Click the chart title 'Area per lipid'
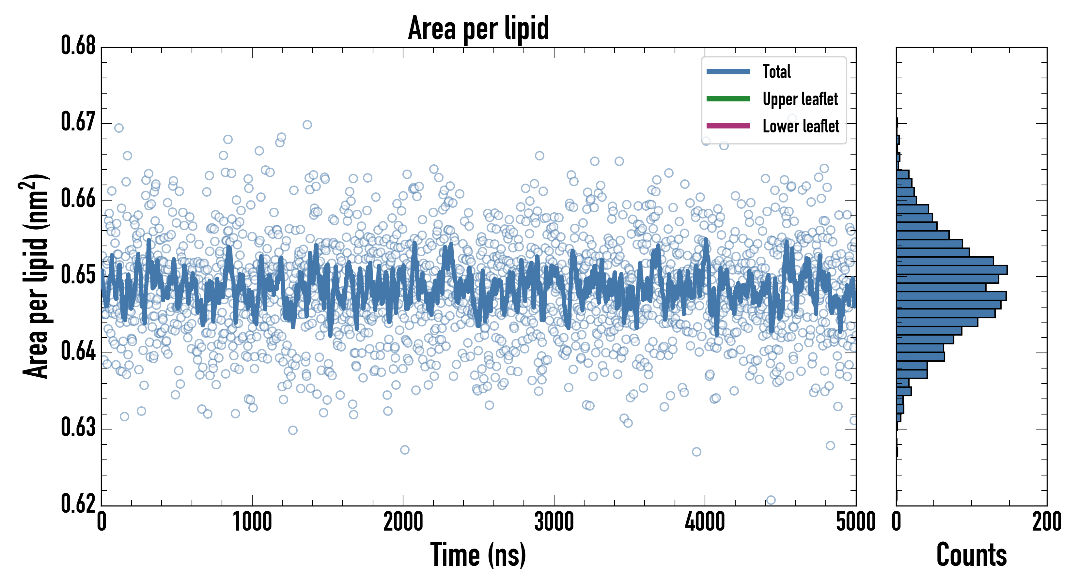478,28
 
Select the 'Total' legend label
776,71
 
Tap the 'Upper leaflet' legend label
800,99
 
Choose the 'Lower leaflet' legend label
801,126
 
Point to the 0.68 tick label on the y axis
78,46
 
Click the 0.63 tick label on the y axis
78,428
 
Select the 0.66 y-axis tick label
78,199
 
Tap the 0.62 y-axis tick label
78,504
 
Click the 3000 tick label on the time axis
554,522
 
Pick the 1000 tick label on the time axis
252,522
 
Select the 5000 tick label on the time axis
855,522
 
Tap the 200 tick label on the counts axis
1046,522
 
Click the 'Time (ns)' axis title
478,555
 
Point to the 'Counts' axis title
971,555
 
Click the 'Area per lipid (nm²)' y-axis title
35,276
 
